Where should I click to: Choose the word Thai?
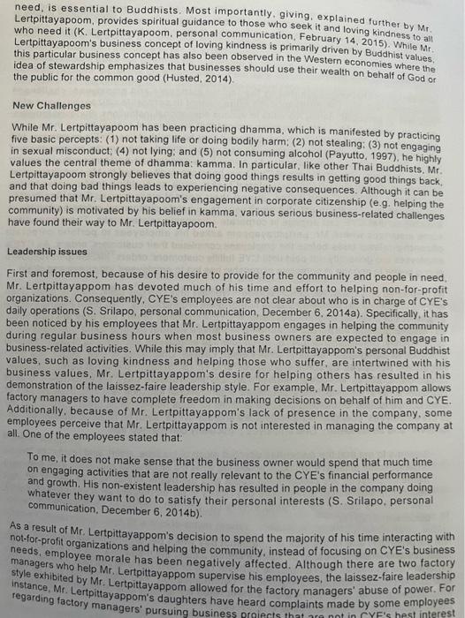(x=357, y=162)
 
